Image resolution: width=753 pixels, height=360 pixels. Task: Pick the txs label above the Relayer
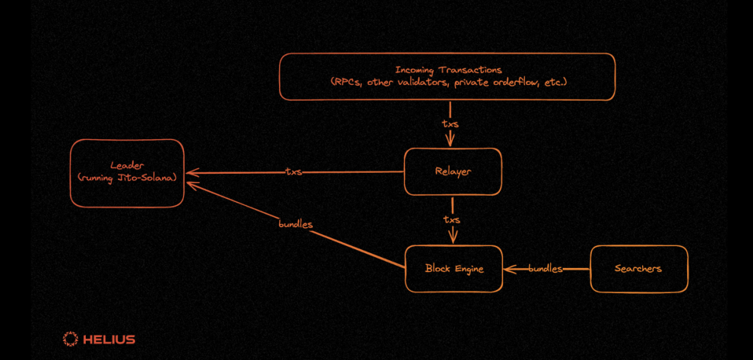(x=450, y=124)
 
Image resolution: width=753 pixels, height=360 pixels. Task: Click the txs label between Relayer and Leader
(x=293, y=172)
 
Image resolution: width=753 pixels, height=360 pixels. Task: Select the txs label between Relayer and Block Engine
(x=452, y=220)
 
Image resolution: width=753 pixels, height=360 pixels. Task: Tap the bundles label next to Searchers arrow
(x=545, y=269)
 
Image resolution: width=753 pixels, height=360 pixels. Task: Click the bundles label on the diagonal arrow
(x=296, y=224)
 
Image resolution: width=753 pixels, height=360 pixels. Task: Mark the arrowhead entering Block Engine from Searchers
(x=509, y=270)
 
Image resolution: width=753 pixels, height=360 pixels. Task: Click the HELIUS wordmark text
(x=109, y=340)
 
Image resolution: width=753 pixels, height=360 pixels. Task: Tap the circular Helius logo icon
(x=70, y=340)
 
